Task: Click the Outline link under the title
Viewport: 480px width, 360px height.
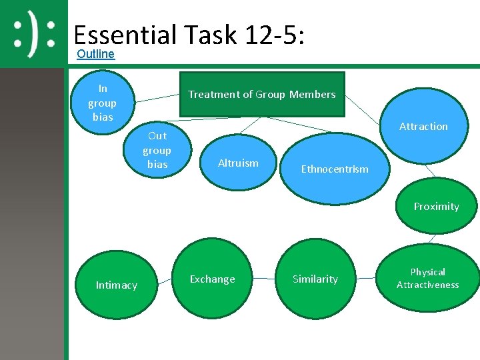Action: coord(95,54)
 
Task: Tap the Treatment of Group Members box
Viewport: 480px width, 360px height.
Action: coord(261,95)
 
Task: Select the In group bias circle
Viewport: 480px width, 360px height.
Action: coord(102,103)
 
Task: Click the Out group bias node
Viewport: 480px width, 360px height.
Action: coord(157,150)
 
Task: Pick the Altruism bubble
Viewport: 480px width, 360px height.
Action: coord(238,163)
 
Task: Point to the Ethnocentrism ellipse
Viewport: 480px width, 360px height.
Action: coord(334,169)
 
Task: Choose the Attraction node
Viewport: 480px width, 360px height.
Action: coord(423,126)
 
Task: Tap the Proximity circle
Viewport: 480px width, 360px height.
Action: coord(436,206)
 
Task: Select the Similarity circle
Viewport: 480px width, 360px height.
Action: coord(315,279)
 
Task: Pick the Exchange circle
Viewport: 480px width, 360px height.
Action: coord(212,279)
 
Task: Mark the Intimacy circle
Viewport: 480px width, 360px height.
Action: coord(116,285)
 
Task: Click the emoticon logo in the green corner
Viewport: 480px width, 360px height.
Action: coord(33,34)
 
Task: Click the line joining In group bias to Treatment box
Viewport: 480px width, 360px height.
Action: coord(159,97)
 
